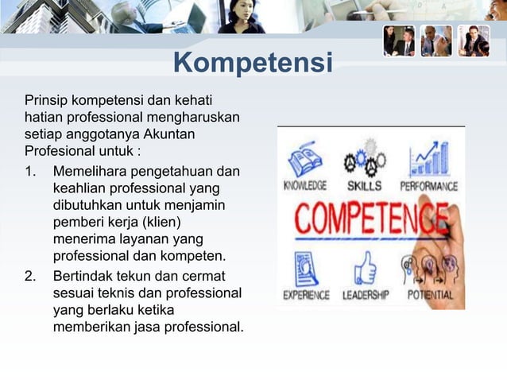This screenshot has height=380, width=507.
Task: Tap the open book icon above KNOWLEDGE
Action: (x=304, y=159)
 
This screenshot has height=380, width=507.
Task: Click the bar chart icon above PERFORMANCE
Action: (x=428, y=159)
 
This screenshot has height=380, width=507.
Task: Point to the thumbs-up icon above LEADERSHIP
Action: (x=365, y=268)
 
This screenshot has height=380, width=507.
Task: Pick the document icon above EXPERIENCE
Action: (x=306, y=268)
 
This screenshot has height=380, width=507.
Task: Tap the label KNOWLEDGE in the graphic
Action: (x=305, y=186)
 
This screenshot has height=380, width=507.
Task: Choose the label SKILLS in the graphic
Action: (x=365, y=186)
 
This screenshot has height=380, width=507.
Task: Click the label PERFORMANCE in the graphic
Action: (x=428, y=186)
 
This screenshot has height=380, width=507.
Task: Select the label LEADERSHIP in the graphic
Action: (x=365, y=295)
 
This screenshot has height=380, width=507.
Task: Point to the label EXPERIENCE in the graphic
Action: (x=306, y=295)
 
